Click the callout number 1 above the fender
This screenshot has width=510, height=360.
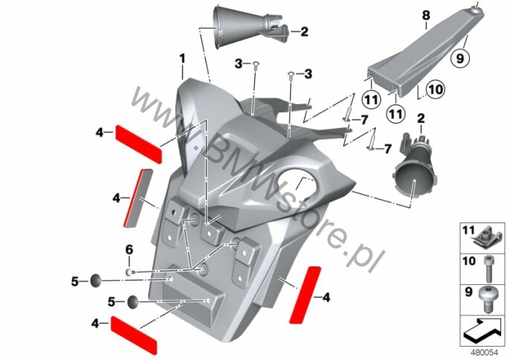[182, 58]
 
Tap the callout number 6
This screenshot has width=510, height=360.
[128, 248]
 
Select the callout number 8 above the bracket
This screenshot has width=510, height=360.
[426, 15]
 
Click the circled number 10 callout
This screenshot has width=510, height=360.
[436, 91]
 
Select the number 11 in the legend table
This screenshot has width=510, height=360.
[468, 233]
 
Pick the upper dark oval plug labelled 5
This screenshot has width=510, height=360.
[97, 280]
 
